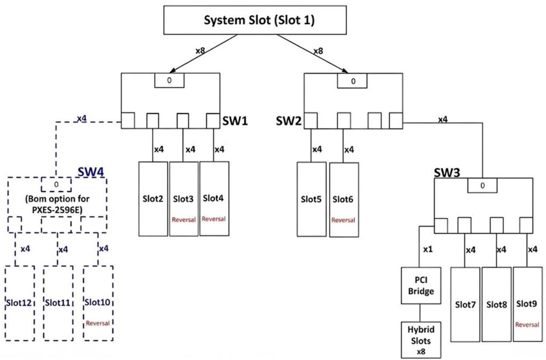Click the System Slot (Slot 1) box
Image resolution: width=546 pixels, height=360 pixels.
coord(255,20)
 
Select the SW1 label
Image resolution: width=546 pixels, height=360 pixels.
coord(235,121)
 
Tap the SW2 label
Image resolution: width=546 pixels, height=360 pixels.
coord(289,121)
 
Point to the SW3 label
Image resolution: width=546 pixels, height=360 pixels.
coord(447,173)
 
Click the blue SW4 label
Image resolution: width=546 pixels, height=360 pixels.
coord(91,172)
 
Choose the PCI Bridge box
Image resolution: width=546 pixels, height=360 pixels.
coord(421,285)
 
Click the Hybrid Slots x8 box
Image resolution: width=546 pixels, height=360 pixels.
coord(421,340)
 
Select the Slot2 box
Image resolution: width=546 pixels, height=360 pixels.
coord(153,199)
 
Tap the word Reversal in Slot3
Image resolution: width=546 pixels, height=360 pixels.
coord(184,220)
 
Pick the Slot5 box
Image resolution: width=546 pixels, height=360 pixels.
coord(311,200)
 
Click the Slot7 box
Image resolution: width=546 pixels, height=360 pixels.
coord(465,305)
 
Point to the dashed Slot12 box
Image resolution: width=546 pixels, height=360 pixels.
coord(20,303)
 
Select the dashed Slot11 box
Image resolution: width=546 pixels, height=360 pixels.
coord(58,303)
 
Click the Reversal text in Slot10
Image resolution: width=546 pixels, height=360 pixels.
coord(98,324)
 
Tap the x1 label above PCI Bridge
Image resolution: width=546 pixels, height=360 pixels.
coord(428,250)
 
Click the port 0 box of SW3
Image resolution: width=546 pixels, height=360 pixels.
coord(482,185)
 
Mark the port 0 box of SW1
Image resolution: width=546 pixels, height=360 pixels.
coord(169,80)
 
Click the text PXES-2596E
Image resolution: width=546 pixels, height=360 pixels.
coord(57,210)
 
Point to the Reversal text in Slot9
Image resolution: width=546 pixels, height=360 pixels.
coord(527,325)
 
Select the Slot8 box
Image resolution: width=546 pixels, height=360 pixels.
coord(496,305)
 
